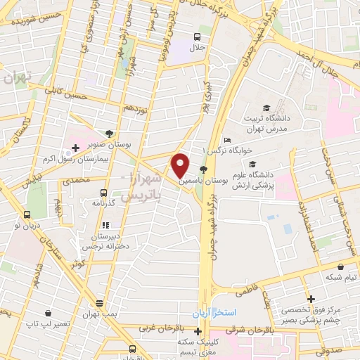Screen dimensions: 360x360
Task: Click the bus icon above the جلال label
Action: (198, 37)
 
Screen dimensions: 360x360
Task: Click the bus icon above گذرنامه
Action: (104, 193)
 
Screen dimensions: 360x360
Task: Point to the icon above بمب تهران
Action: (99, 304)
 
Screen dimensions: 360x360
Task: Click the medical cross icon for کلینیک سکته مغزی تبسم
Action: (198, 331)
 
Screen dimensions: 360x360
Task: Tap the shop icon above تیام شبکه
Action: (341, 267)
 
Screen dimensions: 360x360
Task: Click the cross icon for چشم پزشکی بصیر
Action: (309, 298)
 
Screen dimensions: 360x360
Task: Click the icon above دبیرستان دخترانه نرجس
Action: (105, 225)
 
